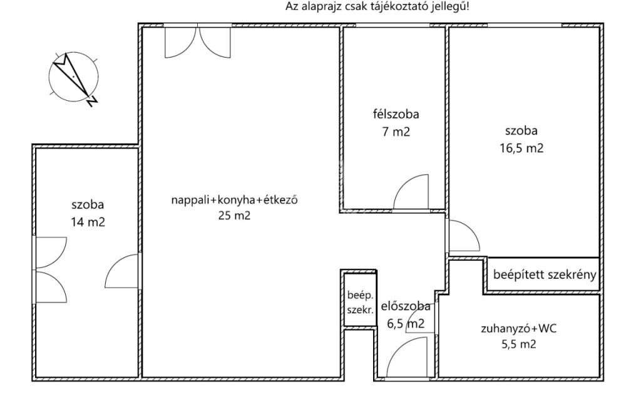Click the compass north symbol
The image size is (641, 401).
click(x=74, y=78)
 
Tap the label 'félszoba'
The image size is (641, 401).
click(x=396, y=114)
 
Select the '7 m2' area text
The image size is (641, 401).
click(x=396, y=132)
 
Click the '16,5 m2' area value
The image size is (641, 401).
click(x=521, y=148)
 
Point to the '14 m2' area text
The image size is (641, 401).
click(x=88, y=222)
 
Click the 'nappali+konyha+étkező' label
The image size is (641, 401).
click(x=234, y=200)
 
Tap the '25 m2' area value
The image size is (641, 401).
click(x=234, y=216)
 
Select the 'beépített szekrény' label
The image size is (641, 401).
click(x=545, y=274)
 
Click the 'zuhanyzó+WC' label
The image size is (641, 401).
click(x=518, y=328)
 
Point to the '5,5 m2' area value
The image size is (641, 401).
click(x=518, y=344)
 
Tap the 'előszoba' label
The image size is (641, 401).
click(x=406, y=306)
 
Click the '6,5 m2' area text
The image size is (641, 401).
click(x=406, y=324)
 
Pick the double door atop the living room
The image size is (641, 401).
click(x=197, y=41)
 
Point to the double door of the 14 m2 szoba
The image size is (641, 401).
click(x=51, y=269)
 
